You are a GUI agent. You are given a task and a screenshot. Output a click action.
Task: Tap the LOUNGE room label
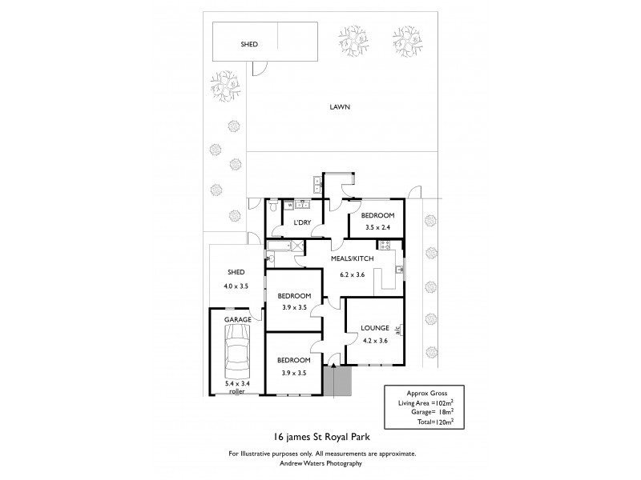click(374, 328)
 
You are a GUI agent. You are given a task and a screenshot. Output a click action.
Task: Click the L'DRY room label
click(302, 222)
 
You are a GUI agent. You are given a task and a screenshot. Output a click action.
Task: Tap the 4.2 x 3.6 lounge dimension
click(374, 342)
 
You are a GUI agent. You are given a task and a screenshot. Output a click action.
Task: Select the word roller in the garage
click(236, 392)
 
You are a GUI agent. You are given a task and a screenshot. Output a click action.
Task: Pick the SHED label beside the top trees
click(249, 45)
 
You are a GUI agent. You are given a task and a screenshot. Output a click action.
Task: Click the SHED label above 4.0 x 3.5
click(236, 271)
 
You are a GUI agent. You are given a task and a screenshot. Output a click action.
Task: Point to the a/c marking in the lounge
click(397, 327)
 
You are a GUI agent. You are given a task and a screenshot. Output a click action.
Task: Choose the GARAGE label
click(237, 319)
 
